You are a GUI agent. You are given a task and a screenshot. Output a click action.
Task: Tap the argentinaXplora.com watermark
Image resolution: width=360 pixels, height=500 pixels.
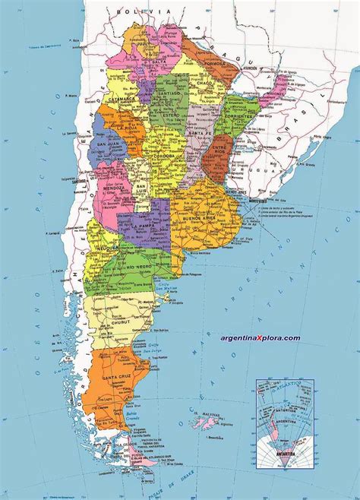261,338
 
